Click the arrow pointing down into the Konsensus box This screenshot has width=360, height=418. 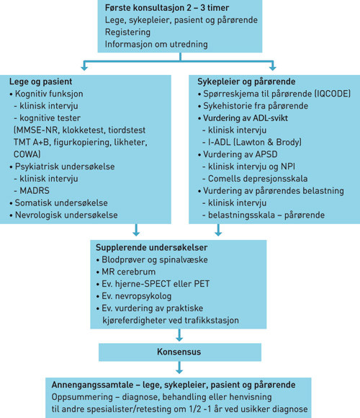[179, 334]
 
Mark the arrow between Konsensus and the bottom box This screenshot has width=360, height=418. [179, 368]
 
